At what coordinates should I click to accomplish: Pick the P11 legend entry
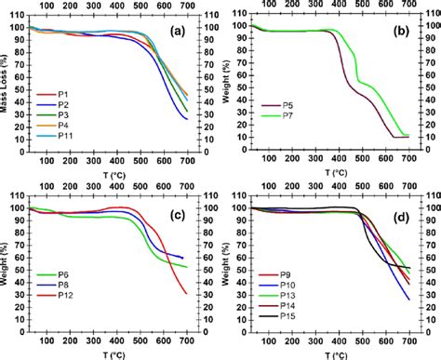(65, 146)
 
